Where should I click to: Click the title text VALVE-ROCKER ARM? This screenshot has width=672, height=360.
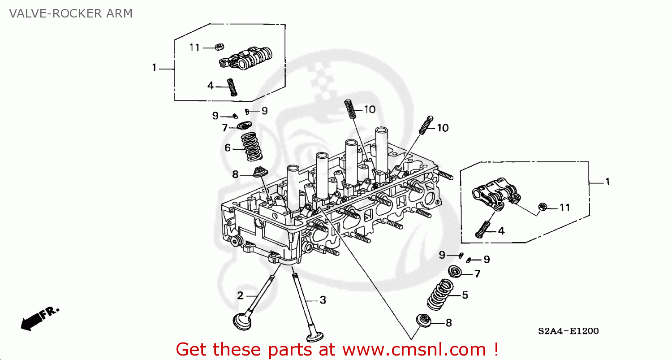click(x=71, y=13)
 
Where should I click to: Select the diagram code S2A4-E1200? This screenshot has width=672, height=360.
click(x=568, y=331)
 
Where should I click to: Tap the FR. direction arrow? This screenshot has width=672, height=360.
click(x=39, y=319)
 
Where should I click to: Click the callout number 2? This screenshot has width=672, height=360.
click(x=240, y=295)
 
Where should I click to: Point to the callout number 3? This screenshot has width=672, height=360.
click(x=323, y=300)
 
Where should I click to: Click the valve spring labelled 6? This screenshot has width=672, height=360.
click(x=252, y=147)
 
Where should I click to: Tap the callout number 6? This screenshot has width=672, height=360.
click(x=228, y=147)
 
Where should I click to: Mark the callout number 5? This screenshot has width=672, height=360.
click(x=465, y=295)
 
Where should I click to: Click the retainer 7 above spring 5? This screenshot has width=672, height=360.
click(x=456, y=271)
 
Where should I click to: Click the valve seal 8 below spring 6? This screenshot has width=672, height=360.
click(x=259, y=172)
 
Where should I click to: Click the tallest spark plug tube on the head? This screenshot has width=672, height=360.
click(x=381, y=148)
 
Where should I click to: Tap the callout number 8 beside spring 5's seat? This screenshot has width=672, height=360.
click(x=449, y=322)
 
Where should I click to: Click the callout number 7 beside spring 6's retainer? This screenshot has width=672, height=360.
click(x=225, y=128)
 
